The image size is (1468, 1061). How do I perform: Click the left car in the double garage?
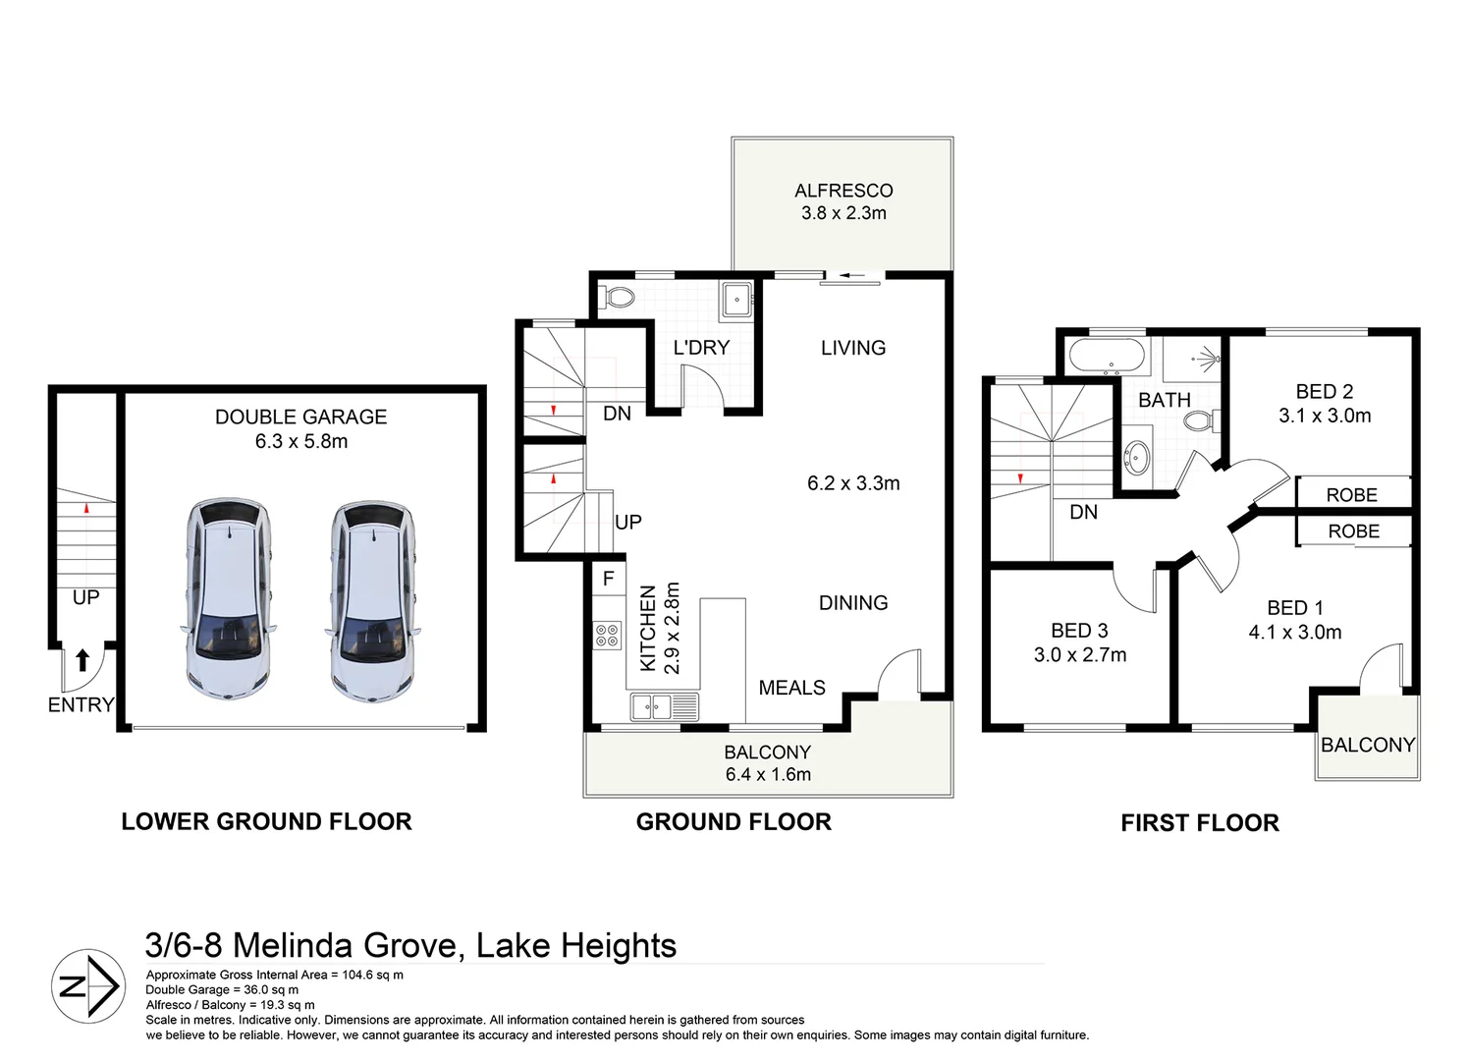tap(228, 598)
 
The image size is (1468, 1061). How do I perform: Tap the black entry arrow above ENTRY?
tap(82, 659)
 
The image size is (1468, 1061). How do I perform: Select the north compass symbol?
tap(88, 985)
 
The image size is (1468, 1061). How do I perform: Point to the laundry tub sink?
tap(736, 301)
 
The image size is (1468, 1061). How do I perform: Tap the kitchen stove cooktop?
tap(607, 635)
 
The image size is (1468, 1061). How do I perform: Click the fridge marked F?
tap(609, 579)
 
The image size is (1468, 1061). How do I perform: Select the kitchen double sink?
tap(665, 707)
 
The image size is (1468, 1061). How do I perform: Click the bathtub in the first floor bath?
tap(1107, 356)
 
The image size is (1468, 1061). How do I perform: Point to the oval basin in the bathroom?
tap(1136, 457)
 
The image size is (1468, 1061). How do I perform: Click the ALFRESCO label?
tap(843, 191)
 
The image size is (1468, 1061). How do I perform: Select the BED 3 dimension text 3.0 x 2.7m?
tap(1080, 654)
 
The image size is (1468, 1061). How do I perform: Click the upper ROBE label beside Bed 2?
tap(1351, 495)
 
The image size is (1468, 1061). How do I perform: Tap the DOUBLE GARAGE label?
tap(300, 418)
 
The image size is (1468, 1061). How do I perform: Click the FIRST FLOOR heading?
tap(1200, 823)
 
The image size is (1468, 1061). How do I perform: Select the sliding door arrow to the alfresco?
tap(852, 275)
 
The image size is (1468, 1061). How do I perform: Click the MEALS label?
tap(791, 688)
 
